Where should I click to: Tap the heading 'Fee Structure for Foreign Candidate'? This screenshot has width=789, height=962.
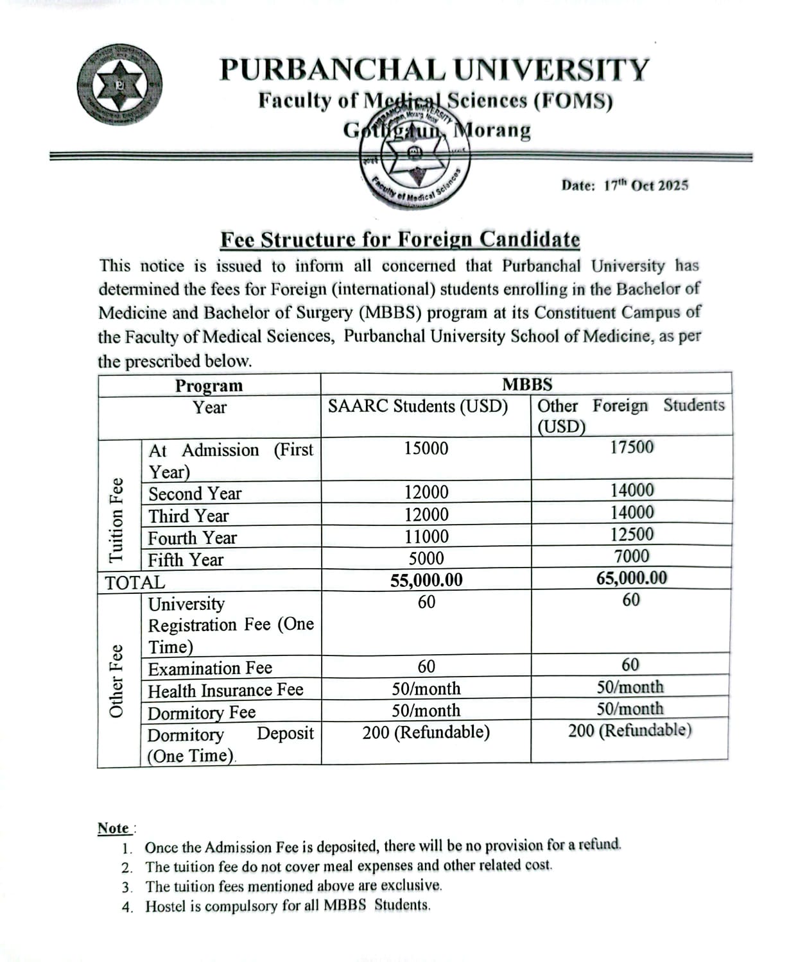coord(400,239)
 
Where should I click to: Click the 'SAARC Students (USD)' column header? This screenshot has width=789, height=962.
coord(418,407)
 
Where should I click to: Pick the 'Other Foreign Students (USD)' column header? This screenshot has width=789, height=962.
coord(630,416)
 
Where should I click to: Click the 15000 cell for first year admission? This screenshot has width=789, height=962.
coord(426,449)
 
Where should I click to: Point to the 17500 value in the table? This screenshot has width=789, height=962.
coord(632,447)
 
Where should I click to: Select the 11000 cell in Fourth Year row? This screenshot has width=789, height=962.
coord(426,536)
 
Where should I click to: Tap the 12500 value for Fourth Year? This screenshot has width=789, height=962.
coord(632,534)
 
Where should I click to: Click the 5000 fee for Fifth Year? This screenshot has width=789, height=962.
coord(426,558)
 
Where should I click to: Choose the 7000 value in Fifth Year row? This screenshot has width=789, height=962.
coord(632,556)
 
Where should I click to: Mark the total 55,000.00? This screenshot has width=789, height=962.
coord(426,580)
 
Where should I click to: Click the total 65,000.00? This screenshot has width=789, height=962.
coord(632,578)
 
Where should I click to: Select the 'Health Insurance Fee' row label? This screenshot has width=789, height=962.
coord(225,690)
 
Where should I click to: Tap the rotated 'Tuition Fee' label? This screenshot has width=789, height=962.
coord(117,520)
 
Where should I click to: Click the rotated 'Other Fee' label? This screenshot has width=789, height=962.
coord(117,680)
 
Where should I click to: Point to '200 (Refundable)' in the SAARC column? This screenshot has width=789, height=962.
coord(426,732)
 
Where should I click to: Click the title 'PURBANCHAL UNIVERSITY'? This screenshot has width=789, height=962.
coord(435,70)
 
